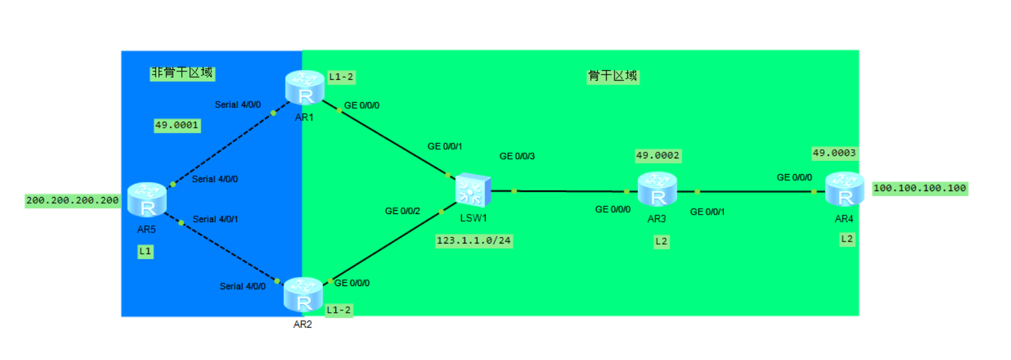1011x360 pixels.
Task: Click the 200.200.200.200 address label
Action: tap(73, 200)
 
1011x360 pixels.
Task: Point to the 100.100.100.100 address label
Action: tap(919, 189)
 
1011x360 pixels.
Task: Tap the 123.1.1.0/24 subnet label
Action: tap(474, 241)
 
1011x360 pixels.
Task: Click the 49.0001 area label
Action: tap(177, 125)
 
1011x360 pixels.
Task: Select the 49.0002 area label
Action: tap(658, 156)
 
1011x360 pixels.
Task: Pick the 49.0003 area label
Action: tap(834, 153)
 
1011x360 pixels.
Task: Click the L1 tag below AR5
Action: tap(145, 251)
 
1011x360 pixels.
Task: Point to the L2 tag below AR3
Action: tap(662, 242)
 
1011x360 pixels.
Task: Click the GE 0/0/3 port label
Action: tap(517, 156)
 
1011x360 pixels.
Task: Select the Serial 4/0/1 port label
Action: tap(215, 219)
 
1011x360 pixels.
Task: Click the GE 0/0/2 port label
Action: tap(402, 211)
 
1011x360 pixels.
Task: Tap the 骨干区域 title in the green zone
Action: tap(612, 76)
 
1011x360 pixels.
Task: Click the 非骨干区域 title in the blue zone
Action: tap(183, 73)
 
